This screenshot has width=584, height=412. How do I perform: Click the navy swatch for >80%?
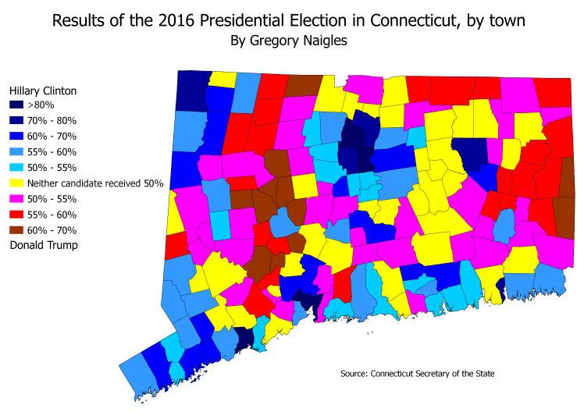pos(16,105)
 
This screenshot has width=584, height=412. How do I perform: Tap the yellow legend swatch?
pos(16,183)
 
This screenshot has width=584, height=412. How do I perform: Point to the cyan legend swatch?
pos(16,168)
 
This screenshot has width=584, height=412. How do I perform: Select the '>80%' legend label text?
pos(40,105)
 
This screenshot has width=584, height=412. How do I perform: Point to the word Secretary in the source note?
pos(437,374)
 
